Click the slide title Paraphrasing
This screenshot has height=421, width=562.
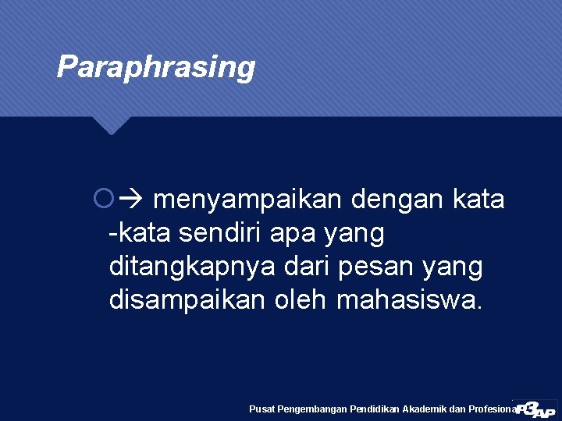156,67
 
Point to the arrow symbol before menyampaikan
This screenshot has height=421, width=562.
127,200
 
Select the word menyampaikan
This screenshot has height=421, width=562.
247,200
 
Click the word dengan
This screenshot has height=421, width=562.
398,200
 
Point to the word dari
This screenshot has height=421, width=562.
312,267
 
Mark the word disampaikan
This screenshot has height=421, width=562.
189,300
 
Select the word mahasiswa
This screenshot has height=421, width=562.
410,300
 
